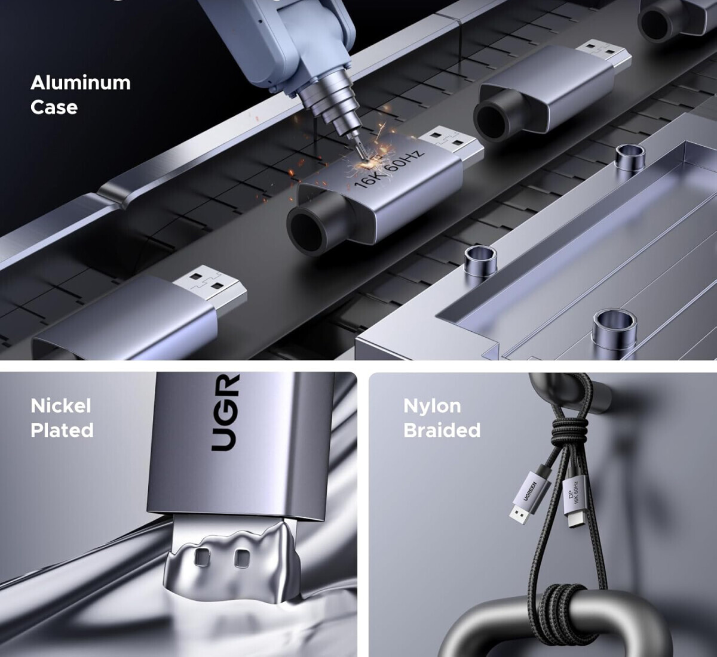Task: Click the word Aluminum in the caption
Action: pyautogui.click(x=81, y=83)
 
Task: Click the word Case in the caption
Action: pyautogui.click(x=54, y=107)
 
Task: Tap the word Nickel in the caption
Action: pyautogui.click(x=61, y=406)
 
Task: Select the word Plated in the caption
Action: pyautogui.click(x=62, y=430)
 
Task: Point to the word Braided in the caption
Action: pyautogui.click(x=442, y=430)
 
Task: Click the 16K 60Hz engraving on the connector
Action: pyautogui.click(x=388, y=168)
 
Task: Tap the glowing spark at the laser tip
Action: pyautogui.click(x=369, y=163)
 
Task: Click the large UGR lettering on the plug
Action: pyautogui.click(x=225, y=412)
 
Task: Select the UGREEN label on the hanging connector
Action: pyautogui.click(x=530, y=491)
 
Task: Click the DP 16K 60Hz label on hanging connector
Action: pyautogui.click(x=573, y=493)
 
